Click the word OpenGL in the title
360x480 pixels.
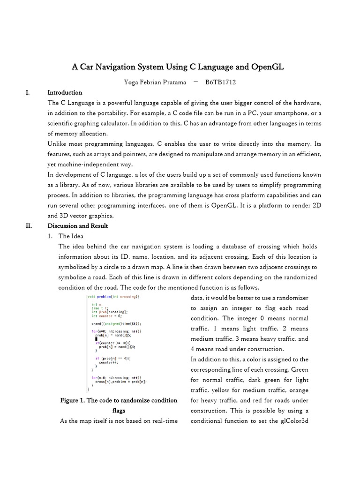tap(265, 67)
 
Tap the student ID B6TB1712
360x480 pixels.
tap(220, 82)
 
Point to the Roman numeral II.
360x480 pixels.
tap(29, 225)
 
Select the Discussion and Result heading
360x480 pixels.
tap(77, 225)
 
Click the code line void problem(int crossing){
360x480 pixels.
tap(113, 297)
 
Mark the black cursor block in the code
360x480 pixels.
tap(97, 339)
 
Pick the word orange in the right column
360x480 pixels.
tap(299, 390)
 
